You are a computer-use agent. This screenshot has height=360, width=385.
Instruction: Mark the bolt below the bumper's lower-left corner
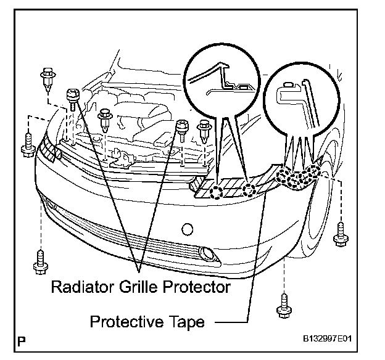tap(40, 260)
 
